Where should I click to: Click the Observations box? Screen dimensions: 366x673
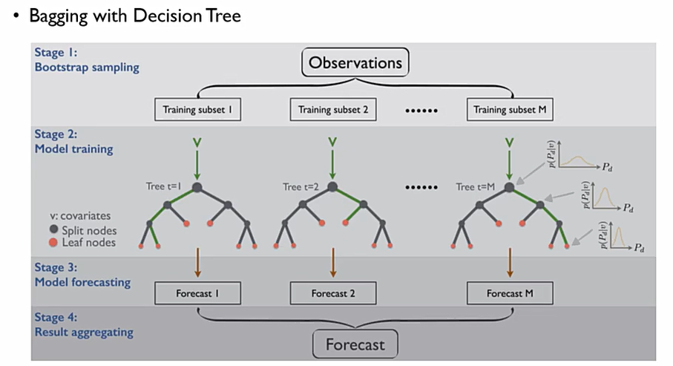pos(355,62)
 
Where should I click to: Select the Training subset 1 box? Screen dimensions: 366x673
pos(198,111)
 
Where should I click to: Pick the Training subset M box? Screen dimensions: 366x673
pos(510,111)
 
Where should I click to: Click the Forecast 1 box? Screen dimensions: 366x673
pos(198,293)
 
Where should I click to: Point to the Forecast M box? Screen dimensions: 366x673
pos(510,293)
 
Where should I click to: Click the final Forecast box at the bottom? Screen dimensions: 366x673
pos(355,344)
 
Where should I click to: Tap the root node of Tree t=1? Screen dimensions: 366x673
pos(198,187)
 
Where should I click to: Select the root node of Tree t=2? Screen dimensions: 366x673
pos(332,187)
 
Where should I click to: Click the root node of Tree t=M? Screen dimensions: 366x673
pos(510,187)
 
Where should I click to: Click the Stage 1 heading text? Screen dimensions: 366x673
pos(56,53)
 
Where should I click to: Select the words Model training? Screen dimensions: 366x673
pos(74,148)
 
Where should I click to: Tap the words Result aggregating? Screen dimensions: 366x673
pos(84,332)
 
